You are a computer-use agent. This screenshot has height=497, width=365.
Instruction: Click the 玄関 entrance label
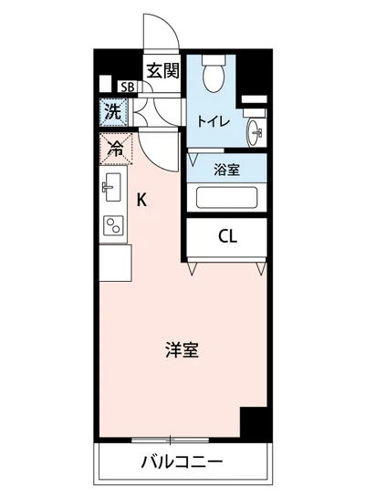click(x=164, y=69)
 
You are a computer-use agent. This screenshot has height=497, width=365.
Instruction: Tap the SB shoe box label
click(x=129, y=88)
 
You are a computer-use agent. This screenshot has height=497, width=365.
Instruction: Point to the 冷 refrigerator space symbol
click(x=115, y=147)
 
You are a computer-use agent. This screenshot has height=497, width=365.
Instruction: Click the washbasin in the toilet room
click(x=255, y=131)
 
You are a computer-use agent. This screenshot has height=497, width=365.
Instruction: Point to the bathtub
click(x=227, y=197)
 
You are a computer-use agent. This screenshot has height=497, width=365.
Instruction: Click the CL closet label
click(x=227, y=236)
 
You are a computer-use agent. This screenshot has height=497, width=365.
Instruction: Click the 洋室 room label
click(x=182, y=350)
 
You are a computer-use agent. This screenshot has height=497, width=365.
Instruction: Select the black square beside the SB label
click(x=106, y=88)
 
